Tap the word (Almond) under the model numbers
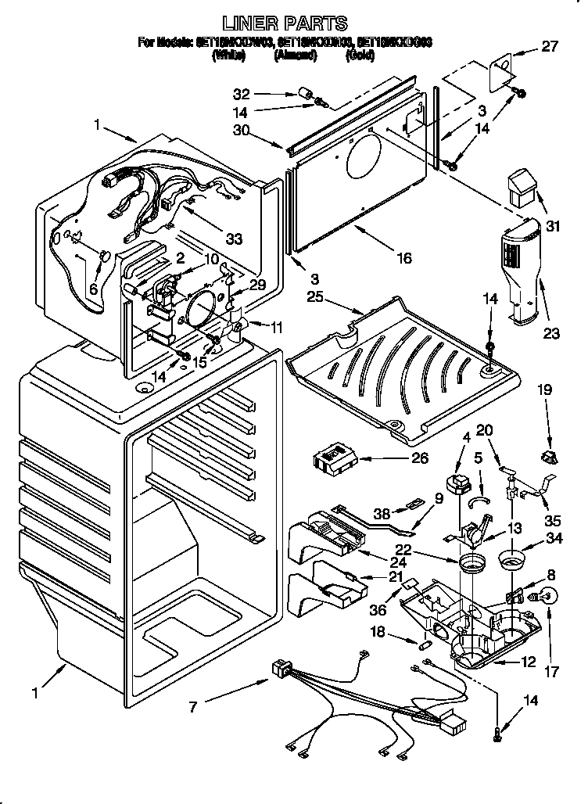pyautogui.click(x=296, y=56)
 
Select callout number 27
pyautogui.click(x=550, y=47)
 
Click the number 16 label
pyautogui.click(x=403, y=257)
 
